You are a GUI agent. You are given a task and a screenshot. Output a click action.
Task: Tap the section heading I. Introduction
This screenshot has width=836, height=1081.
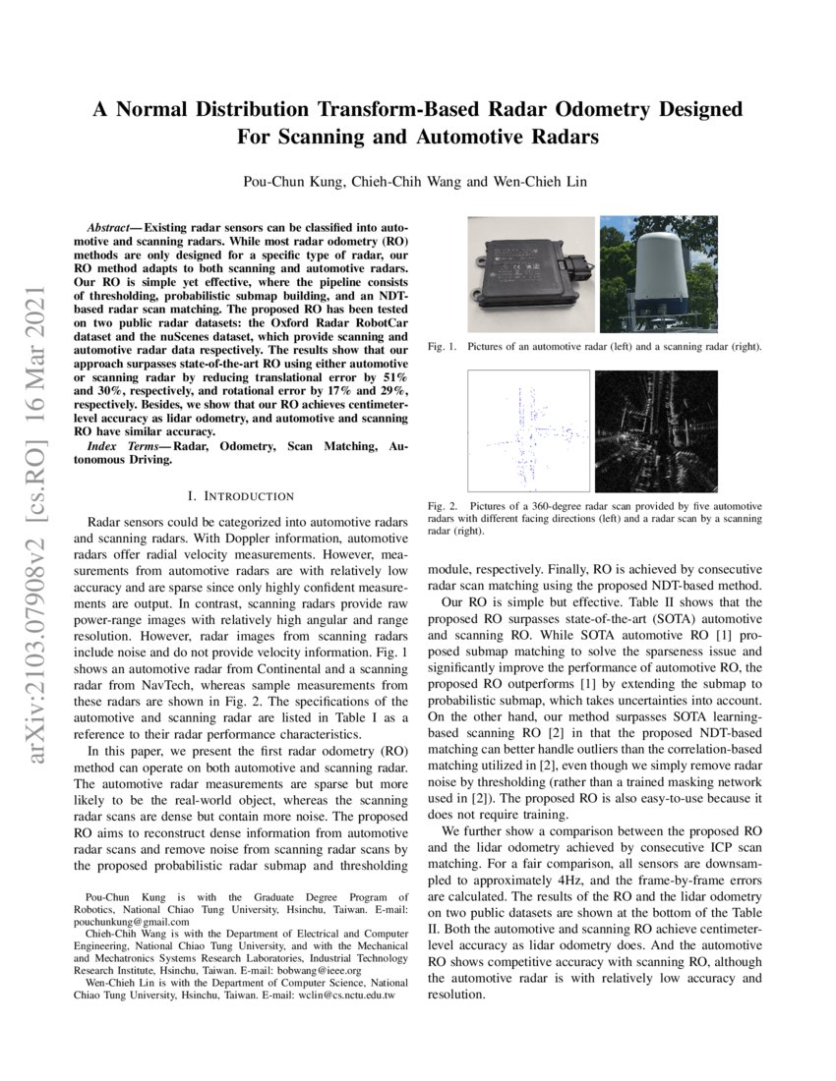pyautogui.click(x=240, y=496)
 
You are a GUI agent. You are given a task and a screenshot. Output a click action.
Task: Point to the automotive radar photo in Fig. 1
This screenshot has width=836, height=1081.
pyautogui.click(x=529, y=275)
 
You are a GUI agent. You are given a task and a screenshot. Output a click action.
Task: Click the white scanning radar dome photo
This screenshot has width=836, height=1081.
pyautogui.click(x=658, y=273)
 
